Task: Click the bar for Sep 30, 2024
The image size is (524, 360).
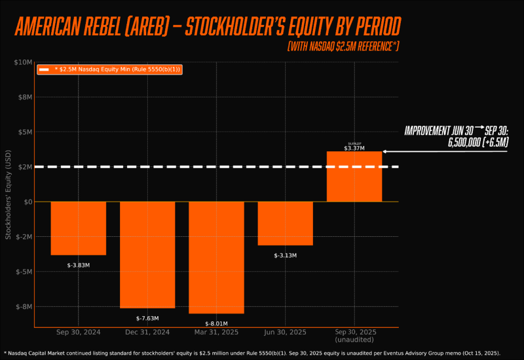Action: tap(78, 228)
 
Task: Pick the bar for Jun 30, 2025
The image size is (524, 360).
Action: tap(285, 223)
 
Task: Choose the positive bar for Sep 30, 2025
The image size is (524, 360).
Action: tap(354, 177)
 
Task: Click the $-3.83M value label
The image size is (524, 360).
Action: tap(78, 265)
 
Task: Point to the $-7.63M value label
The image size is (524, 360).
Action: tap(147, 318)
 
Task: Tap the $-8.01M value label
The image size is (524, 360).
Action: tap(216, 323)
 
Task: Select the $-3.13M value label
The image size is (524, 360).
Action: tap(285, 255)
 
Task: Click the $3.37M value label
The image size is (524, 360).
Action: tap(354, 149)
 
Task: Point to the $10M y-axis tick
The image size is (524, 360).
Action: tap(23, 62)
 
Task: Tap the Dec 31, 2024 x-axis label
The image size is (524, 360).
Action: tap(147, 333)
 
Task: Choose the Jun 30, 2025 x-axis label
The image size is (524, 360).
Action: tap(285, 333)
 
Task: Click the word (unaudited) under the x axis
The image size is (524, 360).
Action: tap(354, 340)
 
